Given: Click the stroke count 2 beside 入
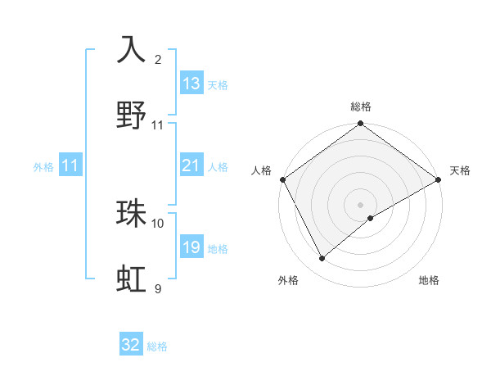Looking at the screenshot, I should click(x=158, y=60).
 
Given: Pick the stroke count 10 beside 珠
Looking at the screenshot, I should click(x=158, y=223).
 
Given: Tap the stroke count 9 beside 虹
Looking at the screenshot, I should click(x=158, y=288).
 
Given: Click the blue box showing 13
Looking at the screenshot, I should click(x=191, y=84).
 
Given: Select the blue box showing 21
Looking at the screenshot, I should click(x=191, y=165).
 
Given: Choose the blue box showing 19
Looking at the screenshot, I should click(x=191, y=247).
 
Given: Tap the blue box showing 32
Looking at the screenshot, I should click(x=131, y=345).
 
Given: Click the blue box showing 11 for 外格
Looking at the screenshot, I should click(x=70, y=165).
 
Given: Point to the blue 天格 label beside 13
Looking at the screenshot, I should click(x=218, y=84).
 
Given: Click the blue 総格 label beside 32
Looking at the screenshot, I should click(x=157, y=346).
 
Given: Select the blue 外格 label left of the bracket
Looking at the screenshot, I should click(x=43, y=166).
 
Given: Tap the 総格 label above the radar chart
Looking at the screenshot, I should click(x=361, y=106).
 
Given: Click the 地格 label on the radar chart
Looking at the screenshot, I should click(x=429, y=280).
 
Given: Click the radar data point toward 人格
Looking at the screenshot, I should click(x=282, y=179).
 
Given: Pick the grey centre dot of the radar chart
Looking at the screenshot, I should click(x=361, y=204).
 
